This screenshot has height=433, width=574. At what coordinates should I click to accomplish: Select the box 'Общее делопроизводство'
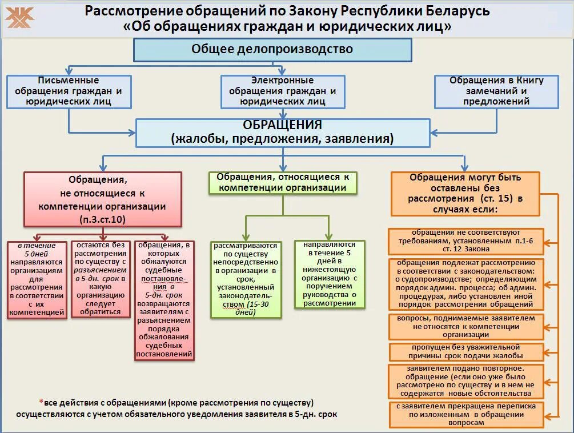pos(272,49)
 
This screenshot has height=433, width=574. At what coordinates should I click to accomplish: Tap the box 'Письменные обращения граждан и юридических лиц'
pos(69,91)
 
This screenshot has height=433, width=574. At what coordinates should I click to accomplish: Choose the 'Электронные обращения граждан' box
pos(283,91)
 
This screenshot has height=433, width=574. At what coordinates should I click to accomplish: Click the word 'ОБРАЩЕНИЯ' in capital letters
pos(283,125)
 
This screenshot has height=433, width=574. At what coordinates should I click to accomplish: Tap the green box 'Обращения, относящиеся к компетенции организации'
pos(283,183)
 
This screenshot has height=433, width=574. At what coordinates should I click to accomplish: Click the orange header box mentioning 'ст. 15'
pos(465,194)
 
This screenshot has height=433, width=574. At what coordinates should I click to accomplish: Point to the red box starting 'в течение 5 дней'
pos(37,279)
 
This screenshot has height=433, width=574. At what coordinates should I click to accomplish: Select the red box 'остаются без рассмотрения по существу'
pos(101,279)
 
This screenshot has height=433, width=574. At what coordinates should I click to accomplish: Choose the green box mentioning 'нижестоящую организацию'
pos(330,274)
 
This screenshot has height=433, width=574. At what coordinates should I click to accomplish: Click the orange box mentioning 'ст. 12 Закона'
pos(465,241)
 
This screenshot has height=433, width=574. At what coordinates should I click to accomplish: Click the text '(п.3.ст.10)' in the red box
pos(103,219)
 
